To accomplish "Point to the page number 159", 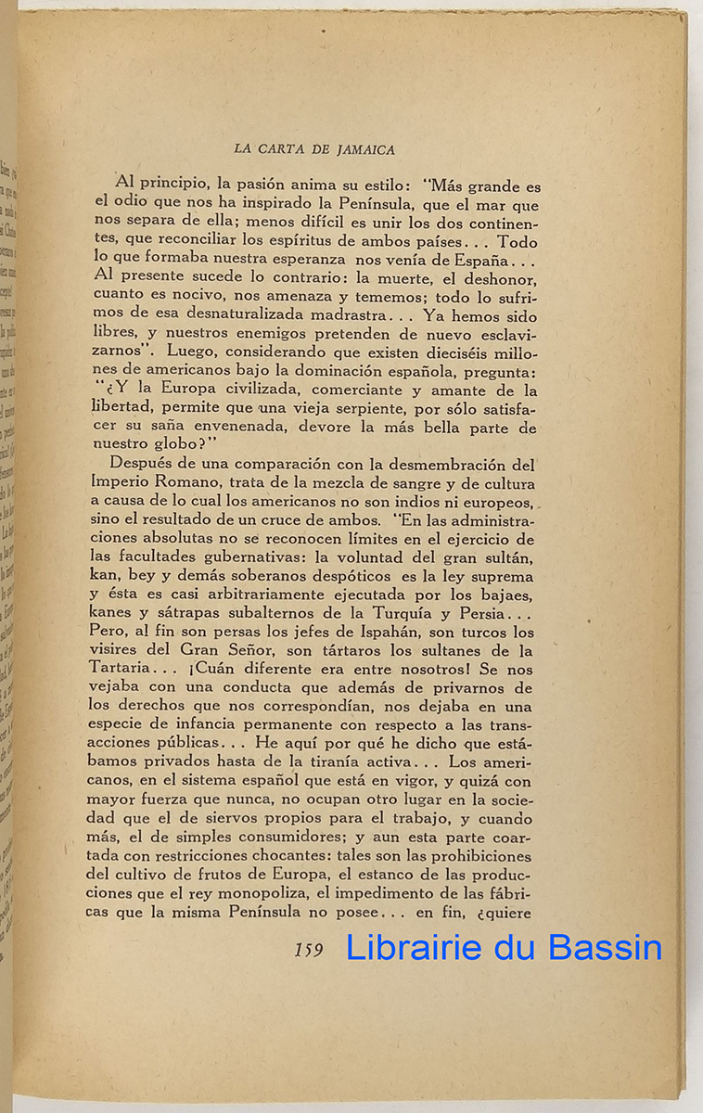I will click(x=308, y=950).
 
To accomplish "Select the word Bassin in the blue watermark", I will click(x=606, y=948).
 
